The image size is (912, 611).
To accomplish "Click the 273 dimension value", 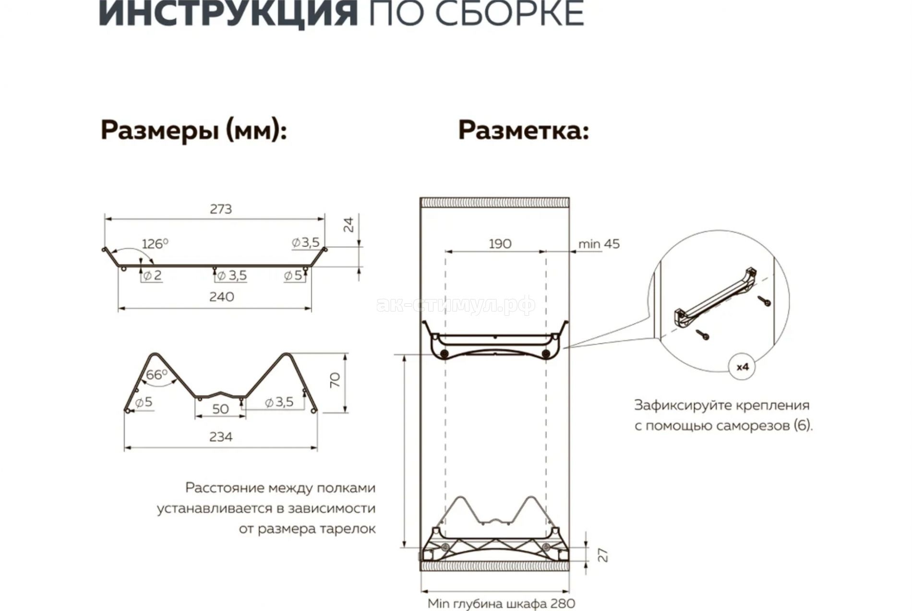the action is pyautogui.click(x=221, y=209).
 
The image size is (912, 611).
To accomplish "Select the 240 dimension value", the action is pyautogui.click(x=222, y=297).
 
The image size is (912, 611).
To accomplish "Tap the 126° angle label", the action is pyautogui.click(x=155, y=244).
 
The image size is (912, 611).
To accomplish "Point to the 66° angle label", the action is pyautogui.click(x=157, y=374).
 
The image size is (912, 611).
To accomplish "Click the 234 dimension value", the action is pyautogui.click(x=221, y=437).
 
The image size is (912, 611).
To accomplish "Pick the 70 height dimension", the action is pyautogui.click(x=335, y=380).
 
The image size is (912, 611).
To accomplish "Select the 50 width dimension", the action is pyautogui.click(x=220, y=409).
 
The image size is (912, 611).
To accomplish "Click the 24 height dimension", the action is pyautogui.click(x=349, y=225).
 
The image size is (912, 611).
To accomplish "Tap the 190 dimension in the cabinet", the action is pyautogui.click(x=500, y=244).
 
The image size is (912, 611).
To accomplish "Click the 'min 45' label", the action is pyautogui.click(x=599, y=244).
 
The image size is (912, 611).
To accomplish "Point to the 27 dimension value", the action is pyautogui.click(x=604, y=555).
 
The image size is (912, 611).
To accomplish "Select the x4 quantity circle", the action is pyautogui.click(x=743, y=367).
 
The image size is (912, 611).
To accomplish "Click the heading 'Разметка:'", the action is pyautogui.click(x=524, y=130).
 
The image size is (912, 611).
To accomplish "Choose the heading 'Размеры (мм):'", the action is pyautogui.click(x=194, y=131).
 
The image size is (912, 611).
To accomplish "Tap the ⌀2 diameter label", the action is pyautogui.click(x=152, y=276).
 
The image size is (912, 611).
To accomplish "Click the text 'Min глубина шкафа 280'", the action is pyautogui.click(x=502, y=603).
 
